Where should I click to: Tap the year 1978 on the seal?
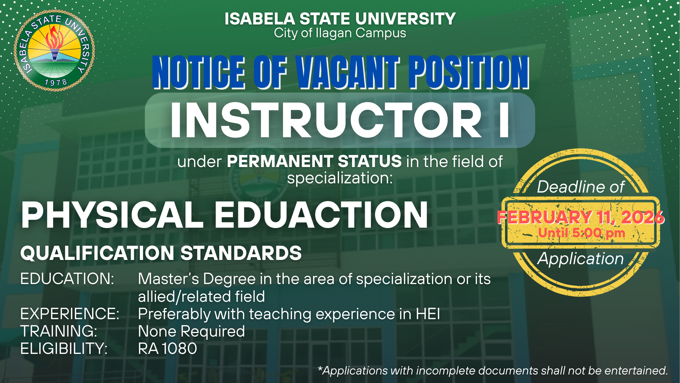coord(56,83)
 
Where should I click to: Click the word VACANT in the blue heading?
coord(348,72)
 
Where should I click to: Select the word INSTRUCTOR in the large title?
coord(326,120)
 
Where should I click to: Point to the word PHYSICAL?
coord(112,215)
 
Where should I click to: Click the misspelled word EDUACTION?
coord(322,215)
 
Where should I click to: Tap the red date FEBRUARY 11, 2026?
coord(581,217)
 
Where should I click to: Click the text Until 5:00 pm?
coord(582,233)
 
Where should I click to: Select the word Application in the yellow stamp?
coord(580,259)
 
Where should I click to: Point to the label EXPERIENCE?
coord(70,314)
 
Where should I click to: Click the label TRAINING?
coord(59,331)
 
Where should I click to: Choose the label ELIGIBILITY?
coord(64,349)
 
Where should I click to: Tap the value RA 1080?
coord(168,349)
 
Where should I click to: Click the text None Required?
coord(191,332)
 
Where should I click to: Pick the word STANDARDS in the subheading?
coord(241,253)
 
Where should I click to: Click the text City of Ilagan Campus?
coord(340,33)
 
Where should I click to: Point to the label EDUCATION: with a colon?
coord(67,279)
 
